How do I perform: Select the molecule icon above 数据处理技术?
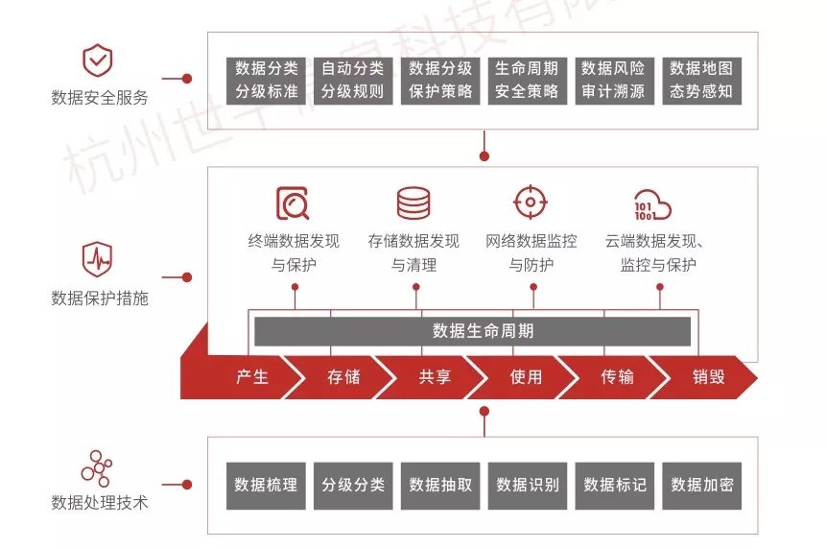coord(97,465)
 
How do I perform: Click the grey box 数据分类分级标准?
coord(267,81)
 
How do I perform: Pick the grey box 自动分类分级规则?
coord(352,81)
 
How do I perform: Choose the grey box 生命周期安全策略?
coord(526,81)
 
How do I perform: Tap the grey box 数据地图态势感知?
coord(700,81)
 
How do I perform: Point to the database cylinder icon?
coord(413,203)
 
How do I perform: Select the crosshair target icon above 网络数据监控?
coord(530,203)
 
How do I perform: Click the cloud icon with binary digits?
coord(652,204)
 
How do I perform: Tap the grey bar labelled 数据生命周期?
coord(472,331)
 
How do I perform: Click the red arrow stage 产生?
coord(251,377)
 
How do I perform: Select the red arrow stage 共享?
coord(434,377)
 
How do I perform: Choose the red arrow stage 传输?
coord(617,377)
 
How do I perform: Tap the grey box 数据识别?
coord(527,486)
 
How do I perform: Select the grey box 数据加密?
coord(701,486)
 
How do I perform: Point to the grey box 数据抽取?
coord(440,486)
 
